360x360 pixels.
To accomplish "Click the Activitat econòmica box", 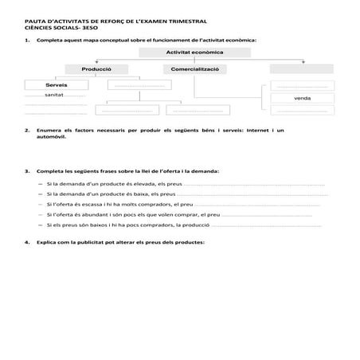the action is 194,52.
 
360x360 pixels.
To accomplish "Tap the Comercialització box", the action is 194,69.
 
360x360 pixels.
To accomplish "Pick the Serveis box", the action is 56,84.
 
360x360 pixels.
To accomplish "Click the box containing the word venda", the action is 302,98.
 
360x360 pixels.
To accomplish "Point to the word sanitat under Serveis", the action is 54,94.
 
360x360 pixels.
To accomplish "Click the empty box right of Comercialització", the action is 302,69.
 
